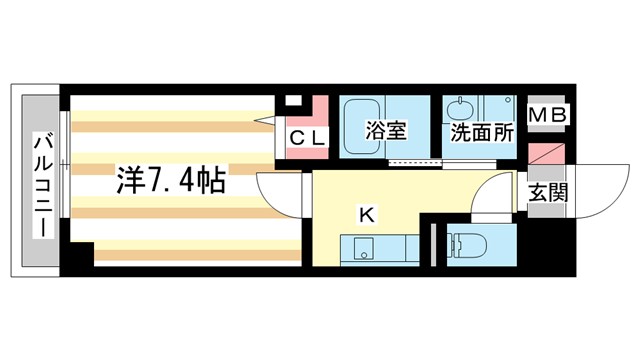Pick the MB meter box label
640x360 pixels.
click(547, 117)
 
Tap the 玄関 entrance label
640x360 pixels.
click(547, 191)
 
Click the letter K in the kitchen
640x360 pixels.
click(368, 213)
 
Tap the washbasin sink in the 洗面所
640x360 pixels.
click(462, 112)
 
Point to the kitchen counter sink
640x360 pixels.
click(362, 246)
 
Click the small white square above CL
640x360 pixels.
click(293, 100)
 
